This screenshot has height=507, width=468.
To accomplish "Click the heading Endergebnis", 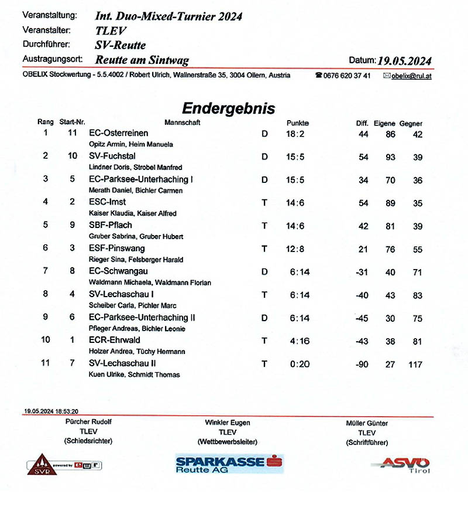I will [228, 108].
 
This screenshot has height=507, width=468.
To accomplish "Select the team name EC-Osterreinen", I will [118, 134].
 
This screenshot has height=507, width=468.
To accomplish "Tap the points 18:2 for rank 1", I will [295, 134].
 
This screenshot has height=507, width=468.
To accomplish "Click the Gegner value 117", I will [415, 365].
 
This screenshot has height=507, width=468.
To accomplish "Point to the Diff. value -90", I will [362, 365].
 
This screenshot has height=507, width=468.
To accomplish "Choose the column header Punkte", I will [297, 123].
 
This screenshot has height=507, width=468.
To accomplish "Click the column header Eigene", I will [384, 124].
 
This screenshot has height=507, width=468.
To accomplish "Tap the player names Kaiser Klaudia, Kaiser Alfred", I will [132, 213].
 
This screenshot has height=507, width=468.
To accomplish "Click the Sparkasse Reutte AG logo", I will [229, 464].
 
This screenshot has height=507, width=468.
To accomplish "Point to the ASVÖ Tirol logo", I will [404, 464].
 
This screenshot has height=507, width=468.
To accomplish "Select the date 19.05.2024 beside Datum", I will [404, 60].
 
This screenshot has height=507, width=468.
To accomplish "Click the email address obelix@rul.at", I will [411, 76].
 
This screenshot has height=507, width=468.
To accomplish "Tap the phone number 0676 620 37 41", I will [347, 76].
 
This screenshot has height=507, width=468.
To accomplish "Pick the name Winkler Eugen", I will [228, 423].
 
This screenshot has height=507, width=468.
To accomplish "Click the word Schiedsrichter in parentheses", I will [89, 441].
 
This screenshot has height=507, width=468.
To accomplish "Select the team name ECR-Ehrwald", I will [114, 340].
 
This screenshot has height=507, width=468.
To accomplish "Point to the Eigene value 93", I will [388, 157].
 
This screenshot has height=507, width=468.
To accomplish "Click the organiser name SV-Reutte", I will [121, 45].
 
